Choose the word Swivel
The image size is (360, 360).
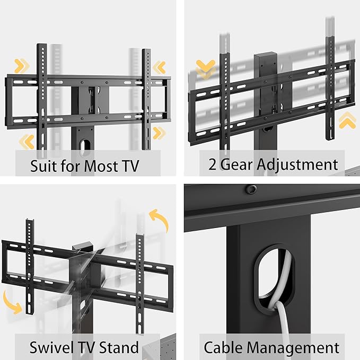point(51,348)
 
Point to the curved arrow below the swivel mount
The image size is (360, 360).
point(15,302)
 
